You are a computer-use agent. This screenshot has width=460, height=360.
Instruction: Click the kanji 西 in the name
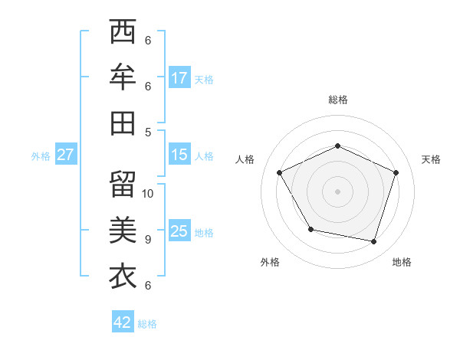[x=123, y=33]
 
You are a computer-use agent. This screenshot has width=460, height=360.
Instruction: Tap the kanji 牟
[x=123, y=78]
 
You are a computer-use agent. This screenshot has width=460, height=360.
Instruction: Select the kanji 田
[x=123, y=123]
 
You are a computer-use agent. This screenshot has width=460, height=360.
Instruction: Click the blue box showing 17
[x=179, y=78]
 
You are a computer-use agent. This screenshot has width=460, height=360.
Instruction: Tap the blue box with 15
[x=179, y=155]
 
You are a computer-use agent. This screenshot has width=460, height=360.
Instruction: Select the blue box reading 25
[x=179, y=231]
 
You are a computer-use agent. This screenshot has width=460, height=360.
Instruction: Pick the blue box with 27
[x=65, y=155]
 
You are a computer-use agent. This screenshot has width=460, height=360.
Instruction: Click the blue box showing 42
[x=123, y=322]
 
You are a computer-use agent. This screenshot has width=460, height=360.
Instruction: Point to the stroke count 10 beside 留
[x=148, y=193]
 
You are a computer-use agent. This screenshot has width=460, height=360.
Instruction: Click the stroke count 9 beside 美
[x=147, y=239]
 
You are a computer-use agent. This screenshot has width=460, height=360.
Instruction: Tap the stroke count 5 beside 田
[x=147, y=132]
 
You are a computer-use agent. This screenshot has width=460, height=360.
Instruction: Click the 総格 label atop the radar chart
[x=337, y=100]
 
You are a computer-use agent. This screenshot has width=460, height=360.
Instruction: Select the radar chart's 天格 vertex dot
[x=396, y=172]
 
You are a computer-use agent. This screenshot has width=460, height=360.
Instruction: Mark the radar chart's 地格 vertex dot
[x=373, y=241]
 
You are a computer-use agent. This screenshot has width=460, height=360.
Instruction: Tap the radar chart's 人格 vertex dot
[x=280, y=172]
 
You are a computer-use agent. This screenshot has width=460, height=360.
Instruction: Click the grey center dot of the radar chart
[x=337, y=191]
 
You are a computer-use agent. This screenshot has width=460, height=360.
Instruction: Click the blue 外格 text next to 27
[x=41, y=156]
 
